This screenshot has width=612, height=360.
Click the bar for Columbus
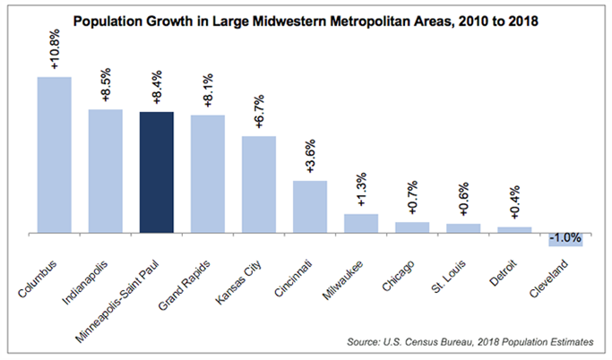pos(54,154)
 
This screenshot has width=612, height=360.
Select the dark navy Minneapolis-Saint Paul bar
pos(157,172)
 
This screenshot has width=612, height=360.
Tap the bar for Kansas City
pos(259,184)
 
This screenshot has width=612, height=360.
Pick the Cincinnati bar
pos(310,207)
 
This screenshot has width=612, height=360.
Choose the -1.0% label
pos(565,239)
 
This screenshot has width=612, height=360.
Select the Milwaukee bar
pos(361,223)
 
